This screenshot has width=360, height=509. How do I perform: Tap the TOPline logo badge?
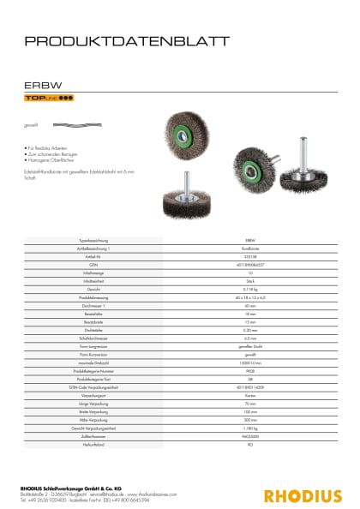49,99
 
